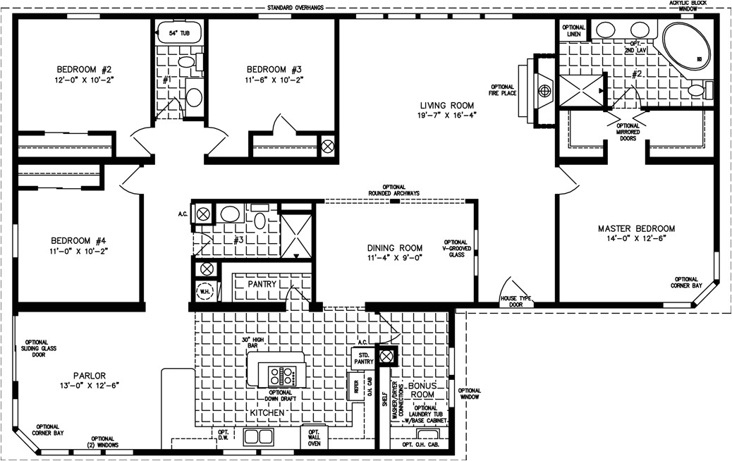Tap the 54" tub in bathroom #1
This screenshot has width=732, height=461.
(x=178, y=32)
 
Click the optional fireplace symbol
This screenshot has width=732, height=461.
(x=544, y=90)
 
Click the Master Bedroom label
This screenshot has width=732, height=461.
(x=636, y=228)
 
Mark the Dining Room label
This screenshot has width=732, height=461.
(x=395, y=247)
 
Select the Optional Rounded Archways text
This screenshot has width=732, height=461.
(x=394, y=190)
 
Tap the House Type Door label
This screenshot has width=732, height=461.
(x=515, y=302)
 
